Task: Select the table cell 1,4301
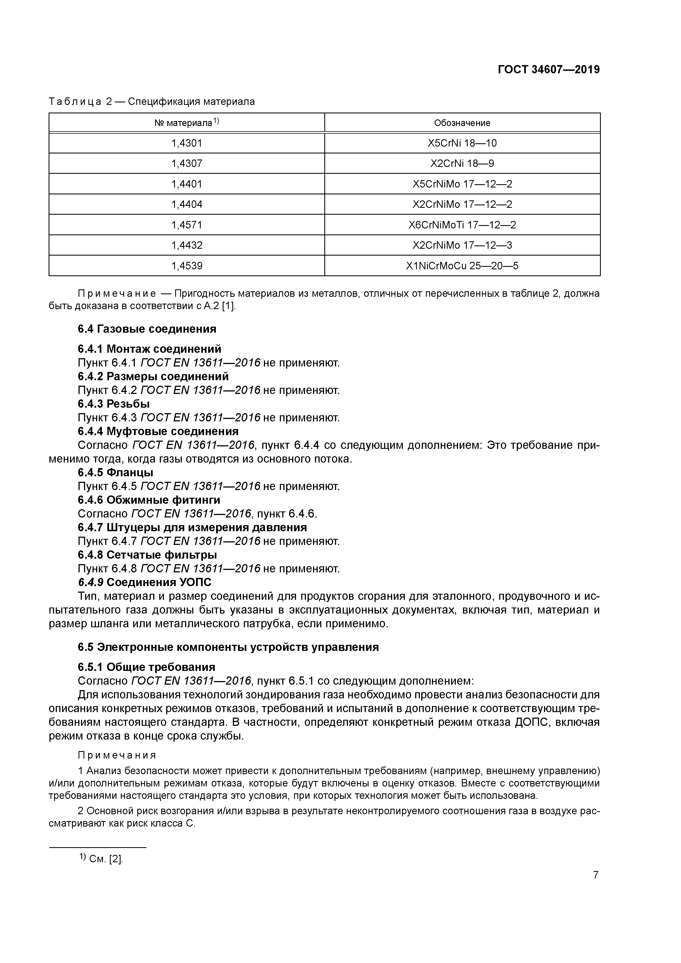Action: (187, 144)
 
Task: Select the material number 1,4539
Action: (187, 266)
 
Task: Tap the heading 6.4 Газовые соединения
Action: (147, 329)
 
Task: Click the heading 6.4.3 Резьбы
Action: (114, 404)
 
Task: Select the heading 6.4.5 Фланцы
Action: (115, 473)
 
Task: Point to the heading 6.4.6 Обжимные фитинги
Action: (149, 500)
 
